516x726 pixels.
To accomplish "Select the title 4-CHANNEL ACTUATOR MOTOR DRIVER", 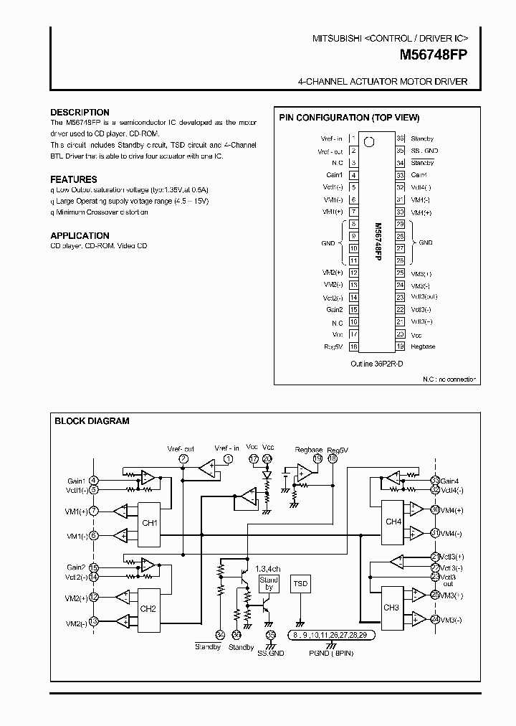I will (382, 82).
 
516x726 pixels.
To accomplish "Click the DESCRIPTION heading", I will (80, 113).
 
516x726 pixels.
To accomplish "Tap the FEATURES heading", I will (74, 179).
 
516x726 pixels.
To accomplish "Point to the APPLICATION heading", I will (80, 236).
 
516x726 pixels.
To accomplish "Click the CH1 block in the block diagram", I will (148, 523).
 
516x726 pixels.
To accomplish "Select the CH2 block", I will (148, 609).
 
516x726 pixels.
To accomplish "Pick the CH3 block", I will (391, 607).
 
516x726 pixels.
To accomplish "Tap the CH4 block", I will (393, 522).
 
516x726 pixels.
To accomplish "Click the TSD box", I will (300, 584).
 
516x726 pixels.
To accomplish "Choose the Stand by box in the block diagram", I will (269, 583).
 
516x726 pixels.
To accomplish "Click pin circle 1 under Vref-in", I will (228, 458).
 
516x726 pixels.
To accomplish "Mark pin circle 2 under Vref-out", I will (184, 458).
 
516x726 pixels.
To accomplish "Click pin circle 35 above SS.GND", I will (270, 635).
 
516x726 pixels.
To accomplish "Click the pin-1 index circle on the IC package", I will (369, 141).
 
